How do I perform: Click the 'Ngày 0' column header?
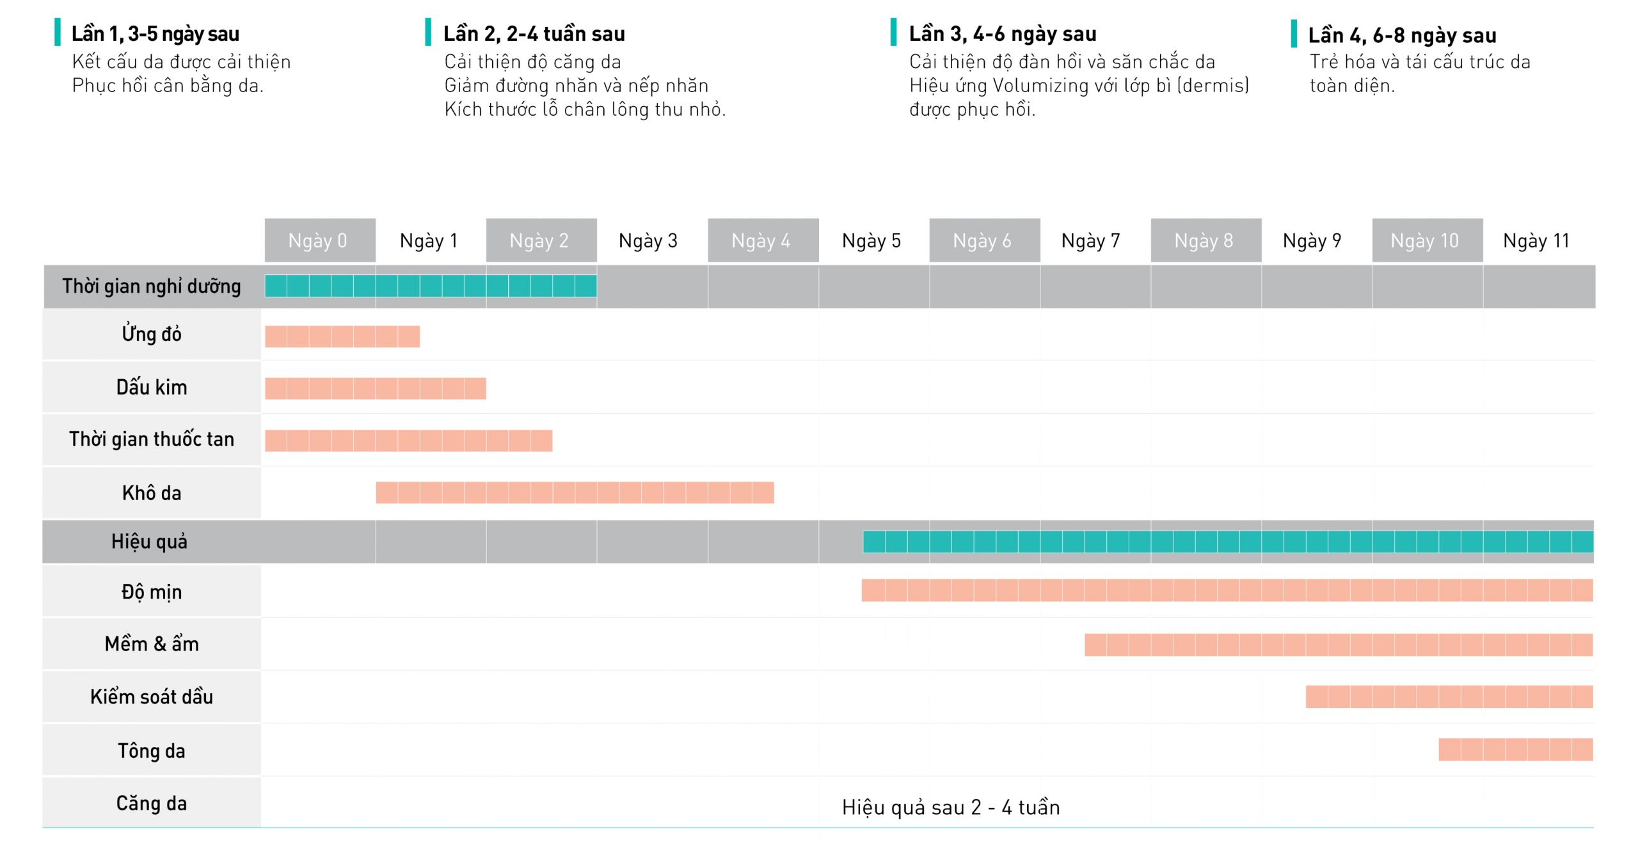click(x=318, y=240)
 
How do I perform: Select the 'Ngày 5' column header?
click(x=871, y=240)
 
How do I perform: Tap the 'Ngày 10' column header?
click(x=1425, y=240)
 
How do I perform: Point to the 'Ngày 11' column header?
click(x=1536, y=240)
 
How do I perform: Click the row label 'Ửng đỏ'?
click(x=152, y=334)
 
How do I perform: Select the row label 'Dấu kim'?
click(x=152, y=387)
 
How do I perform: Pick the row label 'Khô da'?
click(x=152, y=493)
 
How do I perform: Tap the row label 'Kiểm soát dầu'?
click(x=152, y=696)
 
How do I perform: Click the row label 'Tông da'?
click(x=152, y=750)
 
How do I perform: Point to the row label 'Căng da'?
click(x=152, y=803)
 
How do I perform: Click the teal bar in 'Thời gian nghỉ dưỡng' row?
click(x=431, y=286)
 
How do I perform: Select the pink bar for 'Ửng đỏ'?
click(x=342, y=336)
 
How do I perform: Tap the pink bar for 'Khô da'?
click(x=575, y=492)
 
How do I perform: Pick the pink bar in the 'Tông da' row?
click(x=1515, y=750)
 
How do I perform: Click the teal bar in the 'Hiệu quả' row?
click(x=1227, y=542)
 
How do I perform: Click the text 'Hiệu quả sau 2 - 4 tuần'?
click(x=951, y=807)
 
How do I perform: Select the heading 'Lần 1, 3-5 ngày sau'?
click(x=155, y=34)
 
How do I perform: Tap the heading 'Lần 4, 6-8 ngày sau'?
click(x=1402, y=35)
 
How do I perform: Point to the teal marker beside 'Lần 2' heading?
click(x=428, y=32)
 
